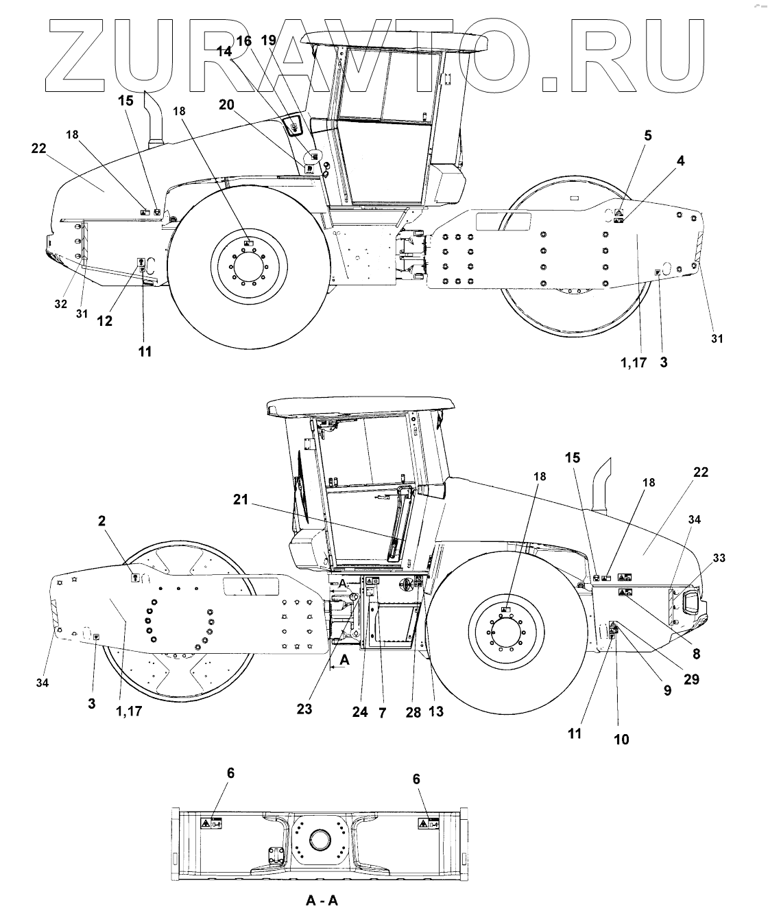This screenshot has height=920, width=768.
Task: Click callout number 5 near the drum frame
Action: coord(647,137)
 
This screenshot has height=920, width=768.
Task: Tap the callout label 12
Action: coord(105,320)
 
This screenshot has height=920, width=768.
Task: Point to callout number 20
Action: coord(226,104)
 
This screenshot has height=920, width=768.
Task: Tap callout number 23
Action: coord(304,709)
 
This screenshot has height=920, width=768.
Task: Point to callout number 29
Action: coord(692,679)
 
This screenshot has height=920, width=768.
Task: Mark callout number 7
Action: coord(382,713)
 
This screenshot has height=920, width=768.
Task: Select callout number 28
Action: coord(413,713)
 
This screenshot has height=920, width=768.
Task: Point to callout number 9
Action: coord(667,692)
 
